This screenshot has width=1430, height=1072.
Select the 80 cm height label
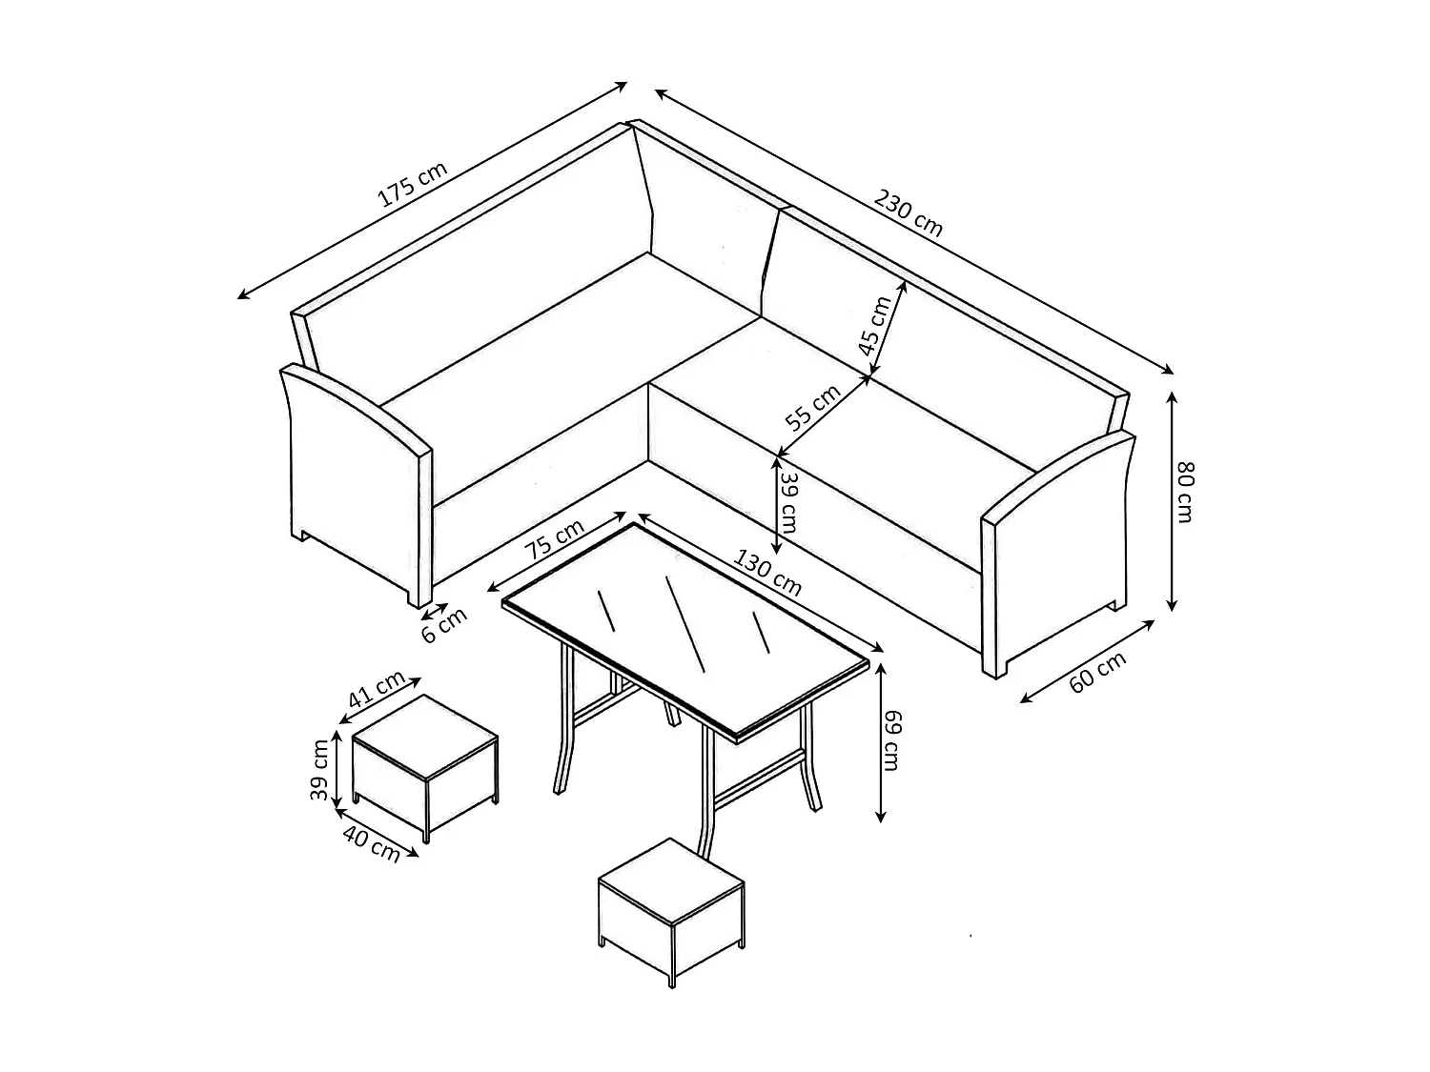[1185, 492]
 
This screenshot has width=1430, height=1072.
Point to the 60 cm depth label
[1097, 671]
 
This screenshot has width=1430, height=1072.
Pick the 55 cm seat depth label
[812, 408]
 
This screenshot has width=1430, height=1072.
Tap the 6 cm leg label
[444, 626]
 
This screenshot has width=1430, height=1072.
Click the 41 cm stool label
[376, 689]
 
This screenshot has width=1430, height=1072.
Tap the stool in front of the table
[670, 905]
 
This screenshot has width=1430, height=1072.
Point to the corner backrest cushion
[705, 219]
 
